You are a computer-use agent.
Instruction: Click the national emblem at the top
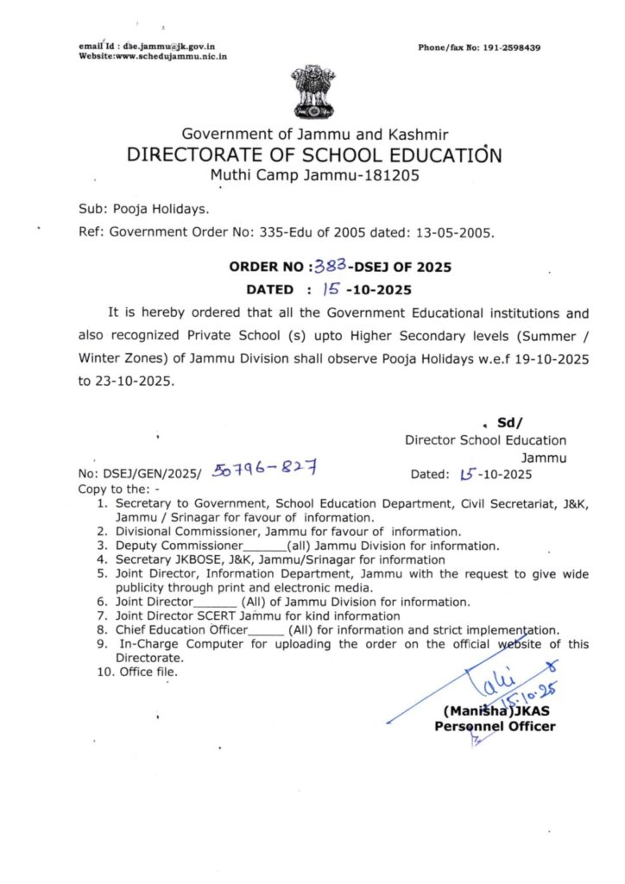click(311, 92)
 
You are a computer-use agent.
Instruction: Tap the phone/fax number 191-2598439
click(510, 47)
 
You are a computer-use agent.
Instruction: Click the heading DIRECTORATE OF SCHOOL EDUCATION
click(313, 155)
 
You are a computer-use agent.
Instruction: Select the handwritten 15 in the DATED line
click(331, 289)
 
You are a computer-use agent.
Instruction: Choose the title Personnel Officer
click(495, 726)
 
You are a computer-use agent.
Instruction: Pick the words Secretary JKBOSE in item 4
click(165, 559)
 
